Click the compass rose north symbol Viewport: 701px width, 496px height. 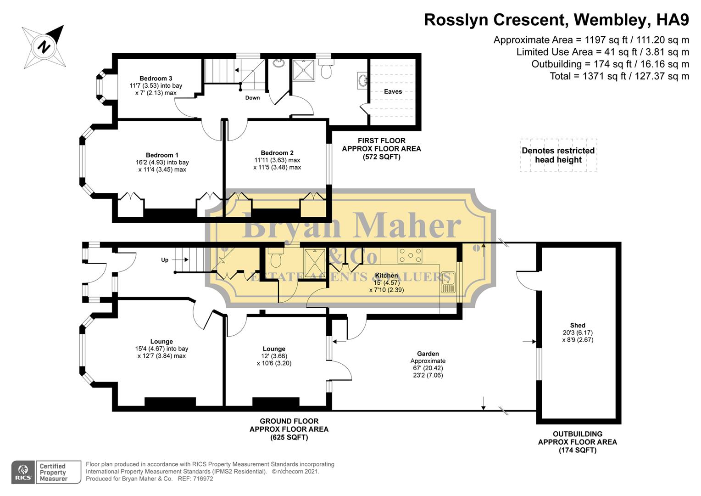coord(44,46)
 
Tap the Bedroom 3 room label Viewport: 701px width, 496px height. coord(156,79)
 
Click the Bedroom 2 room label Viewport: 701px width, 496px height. coord(277,153)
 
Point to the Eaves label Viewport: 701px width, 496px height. coord(393,91)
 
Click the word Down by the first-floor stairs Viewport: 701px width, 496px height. coord(252,98)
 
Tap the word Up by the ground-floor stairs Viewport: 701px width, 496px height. coord(165,260)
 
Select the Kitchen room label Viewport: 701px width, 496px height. coord(386,276)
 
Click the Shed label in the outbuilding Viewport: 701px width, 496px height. coord(578,325)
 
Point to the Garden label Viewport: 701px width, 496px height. coord(428,354)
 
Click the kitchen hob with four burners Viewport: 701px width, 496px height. coord(410,256)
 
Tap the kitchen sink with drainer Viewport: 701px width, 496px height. coord(448,282)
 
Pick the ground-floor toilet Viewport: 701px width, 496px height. coord(276,258)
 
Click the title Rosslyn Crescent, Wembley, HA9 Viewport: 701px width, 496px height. coord(556,20)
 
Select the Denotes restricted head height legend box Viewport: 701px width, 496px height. coord(558,155)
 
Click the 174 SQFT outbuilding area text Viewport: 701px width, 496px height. coord(577,450)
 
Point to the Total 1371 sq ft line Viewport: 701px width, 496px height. coord(619,76)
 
